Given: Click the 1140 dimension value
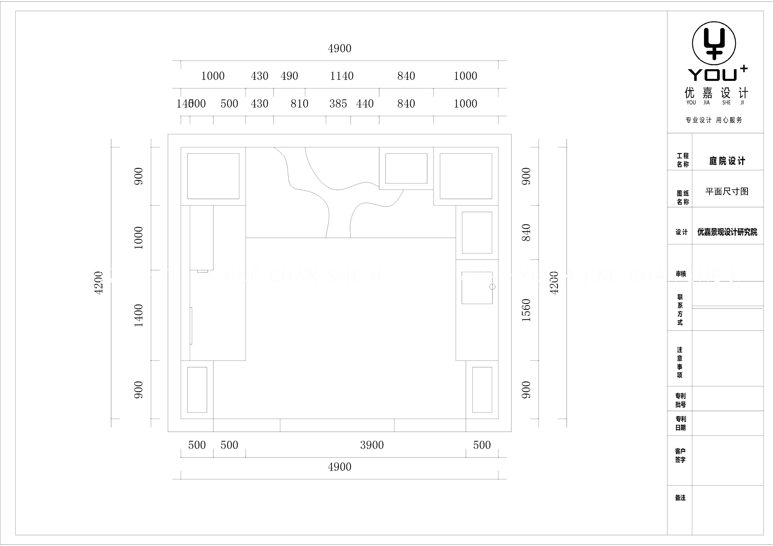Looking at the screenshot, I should pos(342,76).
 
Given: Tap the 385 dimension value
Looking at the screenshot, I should pos(338,104).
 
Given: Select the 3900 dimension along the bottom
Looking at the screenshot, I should pos(372,445).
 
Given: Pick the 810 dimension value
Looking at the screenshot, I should pos(299,104).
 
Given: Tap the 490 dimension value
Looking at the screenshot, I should pos(289,76).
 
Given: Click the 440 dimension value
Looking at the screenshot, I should pos(365,104).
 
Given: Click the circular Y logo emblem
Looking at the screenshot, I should pos(714,43).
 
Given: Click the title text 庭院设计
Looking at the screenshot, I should pos(727,161).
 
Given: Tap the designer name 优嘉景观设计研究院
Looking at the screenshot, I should pos(727,232).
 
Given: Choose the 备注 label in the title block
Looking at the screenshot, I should pos(680,497).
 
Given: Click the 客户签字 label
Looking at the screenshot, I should pos(680,455).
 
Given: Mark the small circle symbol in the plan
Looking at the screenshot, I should pos(492,287).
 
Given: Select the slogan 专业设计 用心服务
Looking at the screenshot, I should pos(714,120).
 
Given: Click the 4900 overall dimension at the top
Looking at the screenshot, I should pos(339,49).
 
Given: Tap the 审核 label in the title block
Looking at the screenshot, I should pos(681,274).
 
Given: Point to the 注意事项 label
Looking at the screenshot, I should pos(680,362).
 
